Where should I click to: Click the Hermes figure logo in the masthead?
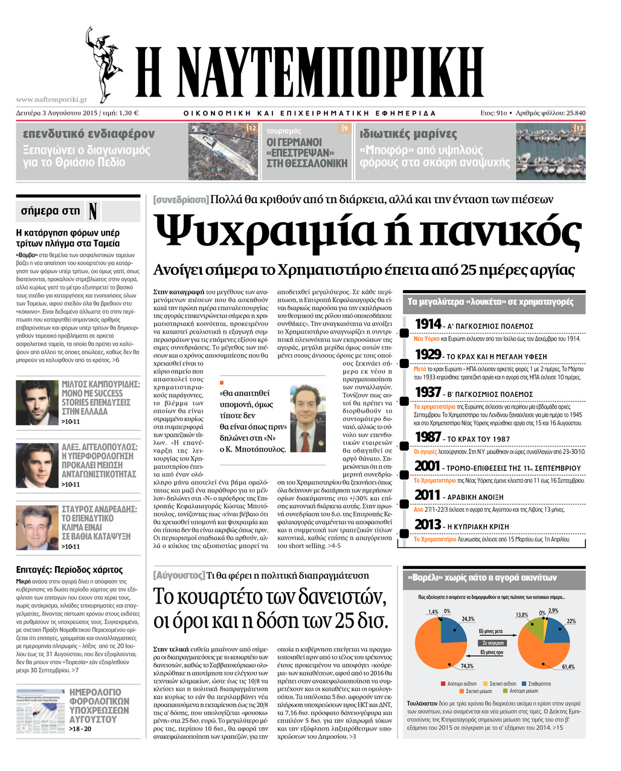pyautogui.click(x=103, y=63)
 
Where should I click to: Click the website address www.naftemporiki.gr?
pyautogui.click(x=51, y=100)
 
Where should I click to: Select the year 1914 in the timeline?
pyautogui.click(x=428, y=324)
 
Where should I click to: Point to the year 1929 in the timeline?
pyautogui.click(x=428, y=355)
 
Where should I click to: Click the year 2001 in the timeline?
pyautogui.click(x=428, y=466)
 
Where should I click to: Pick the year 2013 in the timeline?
pyautogui.click(x=428, y=524)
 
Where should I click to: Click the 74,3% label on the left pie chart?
pyautogui.click(x=467, y=666)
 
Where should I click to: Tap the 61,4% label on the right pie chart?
pyautogui.click(x=568, y=666)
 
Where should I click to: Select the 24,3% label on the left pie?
pyautogui.click(x=468, y=619)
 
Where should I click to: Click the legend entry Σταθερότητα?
pyautogui.click(x=541, y=683)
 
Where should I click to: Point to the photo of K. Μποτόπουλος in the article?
pyautogui.click(x=308, y=419)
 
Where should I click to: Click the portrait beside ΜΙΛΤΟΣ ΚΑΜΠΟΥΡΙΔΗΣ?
pyautogui.click(x=36, y=402)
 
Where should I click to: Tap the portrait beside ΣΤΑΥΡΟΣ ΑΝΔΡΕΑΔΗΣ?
pyautogui.click(x=36, y=527)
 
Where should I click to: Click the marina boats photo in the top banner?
pyautogui.click(x=550, y=151)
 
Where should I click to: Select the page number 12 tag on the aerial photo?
pyautogui.click(x=252, y=128)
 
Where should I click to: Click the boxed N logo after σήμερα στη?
pyautogui.click(x=93, y=211)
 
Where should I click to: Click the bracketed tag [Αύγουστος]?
pyautogui.click(x=179, y=575)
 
